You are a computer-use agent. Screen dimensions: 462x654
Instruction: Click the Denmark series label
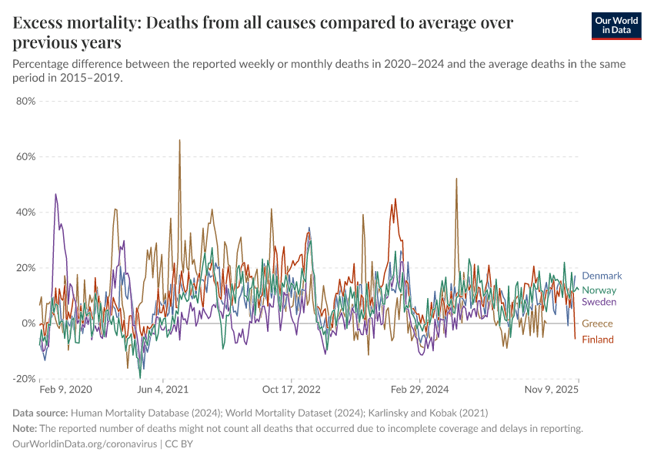tap(602, 276)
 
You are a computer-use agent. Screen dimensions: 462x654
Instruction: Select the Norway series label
tap(599, 290)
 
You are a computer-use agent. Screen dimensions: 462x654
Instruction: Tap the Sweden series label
tap(599, 302)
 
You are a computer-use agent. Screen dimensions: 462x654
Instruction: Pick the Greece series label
tap(597, 323)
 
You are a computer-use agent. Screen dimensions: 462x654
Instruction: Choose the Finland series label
tap(598, 340)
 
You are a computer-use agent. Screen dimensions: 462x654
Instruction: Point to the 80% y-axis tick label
tap(26, 101)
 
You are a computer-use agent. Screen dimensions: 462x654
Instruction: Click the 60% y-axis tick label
tap(26, 156)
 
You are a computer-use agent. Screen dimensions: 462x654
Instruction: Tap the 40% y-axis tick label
tap(26, 213)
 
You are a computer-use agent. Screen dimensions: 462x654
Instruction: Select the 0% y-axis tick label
tap(29, 323)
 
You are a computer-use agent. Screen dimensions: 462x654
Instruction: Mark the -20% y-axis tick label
tap(25, 379)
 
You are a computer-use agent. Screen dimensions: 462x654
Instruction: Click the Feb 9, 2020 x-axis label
tap(65, 390)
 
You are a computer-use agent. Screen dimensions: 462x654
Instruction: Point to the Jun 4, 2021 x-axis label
tap(162, 390)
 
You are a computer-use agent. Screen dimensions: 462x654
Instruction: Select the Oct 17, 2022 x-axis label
tap(291, 390)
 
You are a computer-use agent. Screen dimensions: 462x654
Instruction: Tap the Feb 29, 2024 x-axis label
tap(419, 390)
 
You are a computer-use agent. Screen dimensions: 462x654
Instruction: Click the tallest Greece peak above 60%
tap(180, 140)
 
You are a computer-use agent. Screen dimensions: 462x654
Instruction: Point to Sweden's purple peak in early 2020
tap(55, 194)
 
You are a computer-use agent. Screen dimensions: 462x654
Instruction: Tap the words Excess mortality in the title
tap(74, 23)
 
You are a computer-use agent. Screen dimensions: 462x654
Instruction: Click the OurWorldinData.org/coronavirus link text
tap(85, 444)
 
